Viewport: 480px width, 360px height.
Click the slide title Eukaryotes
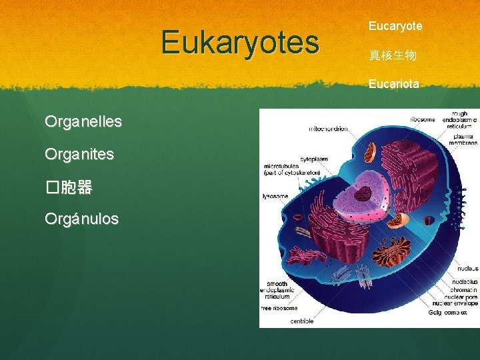240,42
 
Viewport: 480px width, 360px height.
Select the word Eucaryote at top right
395,26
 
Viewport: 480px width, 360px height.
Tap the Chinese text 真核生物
393,55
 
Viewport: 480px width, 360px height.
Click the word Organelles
83,122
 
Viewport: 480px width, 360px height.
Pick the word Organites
79,154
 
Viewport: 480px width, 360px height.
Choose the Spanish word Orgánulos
81,219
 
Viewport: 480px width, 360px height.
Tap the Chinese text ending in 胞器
69,187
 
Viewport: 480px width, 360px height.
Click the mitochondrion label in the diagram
329,129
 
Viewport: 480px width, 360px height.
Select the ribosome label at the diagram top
423,119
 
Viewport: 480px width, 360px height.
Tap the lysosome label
275,196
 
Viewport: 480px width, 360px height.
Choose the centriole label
301,321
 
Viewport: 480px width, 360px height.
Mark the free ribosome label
279,308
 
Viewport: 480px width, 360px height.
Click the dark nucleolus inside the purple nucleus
363,195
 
